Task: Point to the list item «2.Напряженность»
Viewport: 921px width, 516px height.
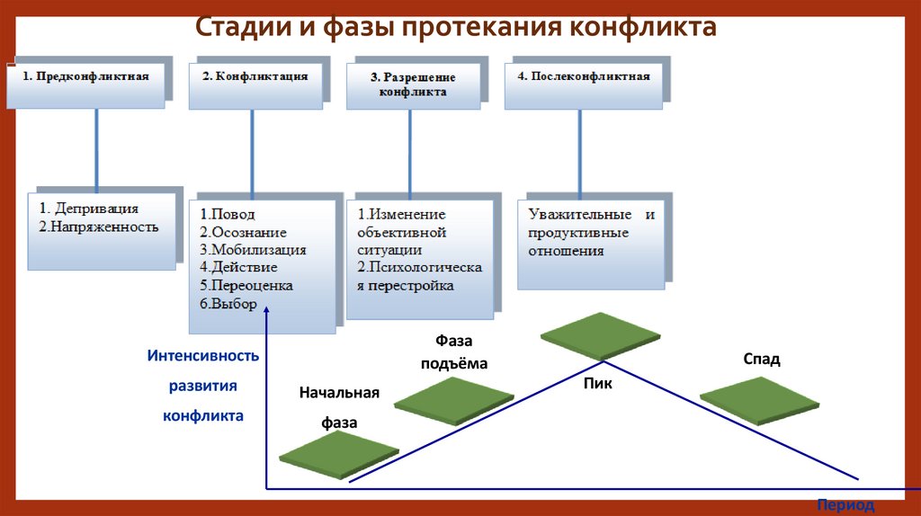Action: click(99, 227)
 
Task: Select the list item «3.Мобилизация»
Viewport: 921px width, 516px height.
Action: click(253, 250)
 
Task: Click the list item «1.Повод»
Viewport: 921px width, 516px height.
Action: click(228, 214)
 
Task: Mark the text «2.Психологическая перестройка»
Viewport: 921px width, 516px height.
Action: click(419, 277)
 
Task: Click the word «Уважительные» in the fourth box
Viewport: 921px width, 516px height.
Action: click(571, 215)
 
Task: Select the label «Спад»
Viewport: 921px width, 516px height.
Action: click(761, 360)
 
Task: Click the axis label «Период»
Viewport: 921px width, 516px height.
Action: click(845, 505)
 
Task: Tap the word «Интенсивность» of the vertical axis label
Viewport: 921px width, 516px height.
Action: click(203, 356)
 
